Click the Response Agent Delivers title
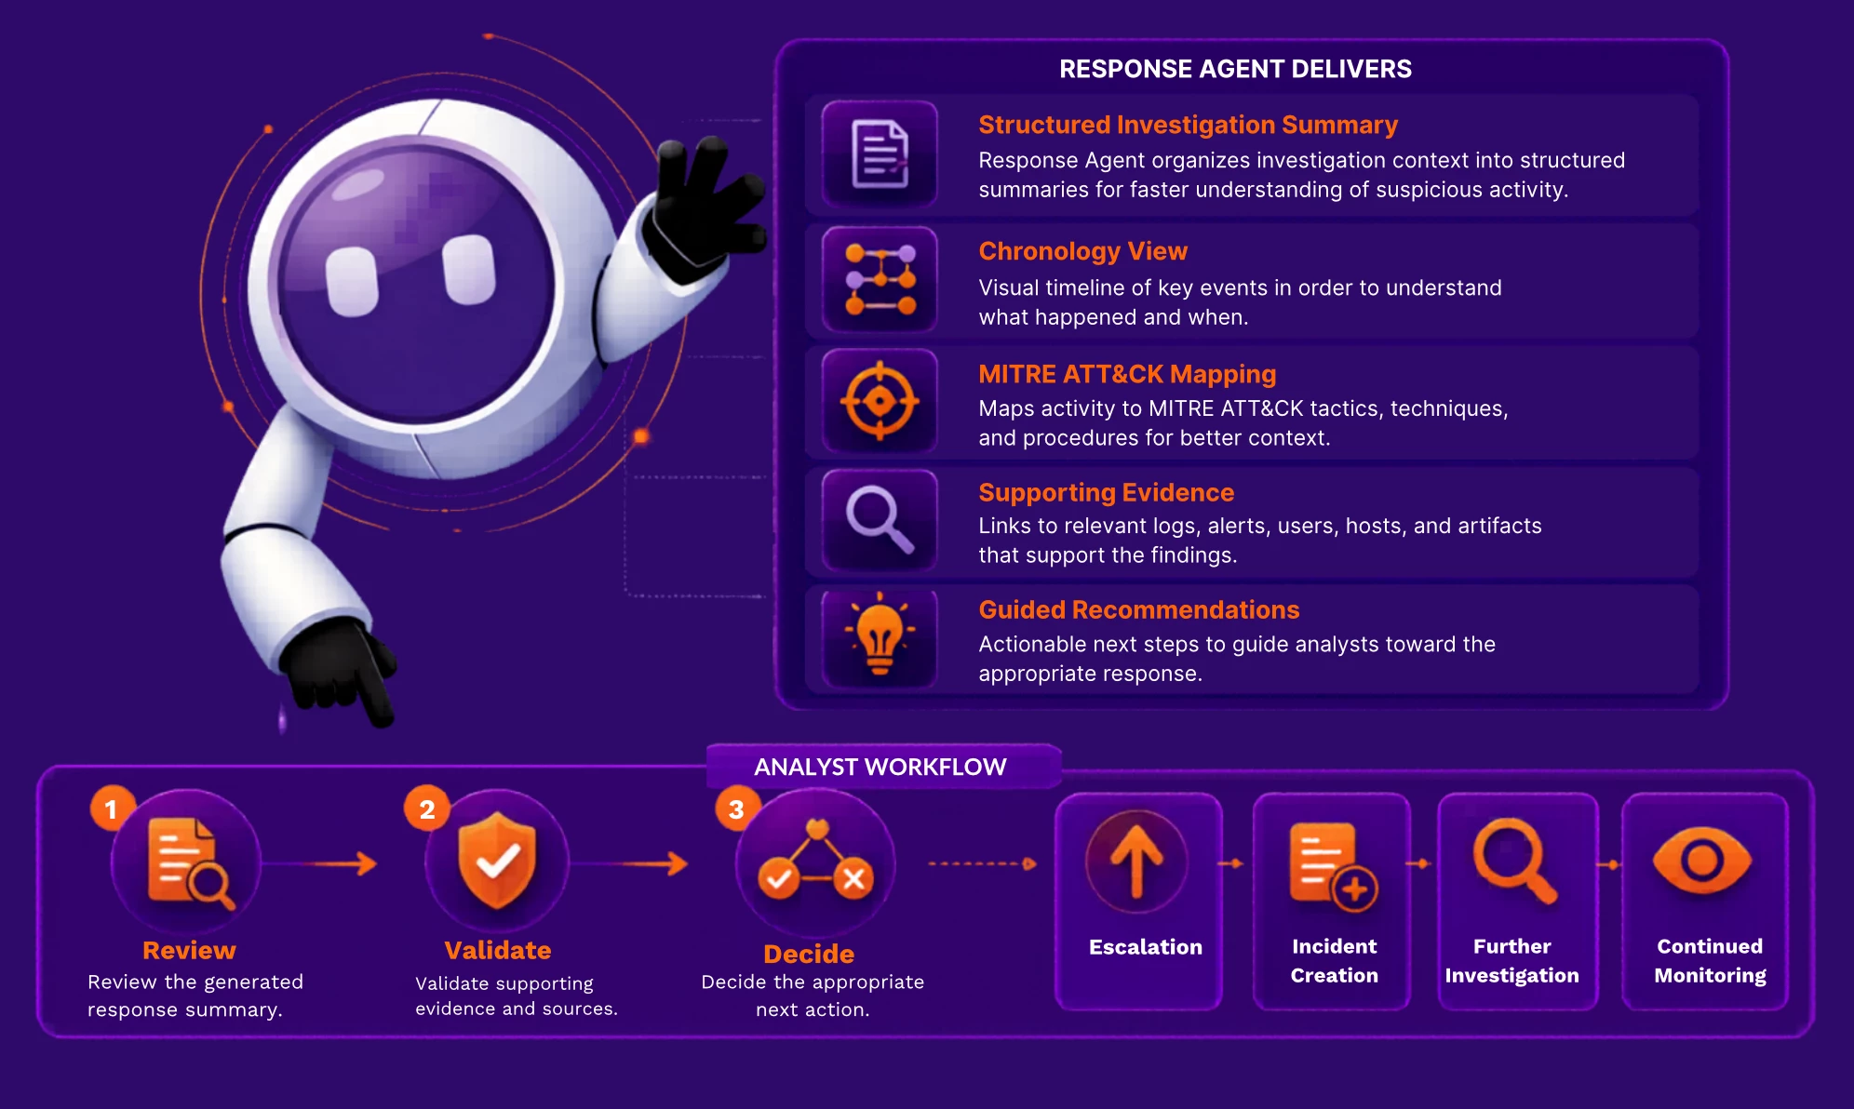[x=1235, y=69]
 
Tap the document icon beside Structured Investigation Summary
[x=880, y=154]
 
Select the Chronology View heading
[x=1082, y=251]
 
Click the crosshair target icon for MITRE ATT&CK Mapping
[x=880, y=402]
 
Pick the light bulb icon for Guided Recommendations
[x=880, y=634]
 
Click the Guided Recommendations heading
[x=1138, y=609]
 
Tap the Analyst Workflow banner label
[x=880, y=767]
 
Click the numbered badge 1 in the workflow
[x=112, y=808]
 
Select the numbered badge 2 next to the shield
[x=426, y=808]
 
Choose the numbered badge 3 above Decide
[x=737, y=808]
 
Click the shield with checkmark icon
[x=498, y=860]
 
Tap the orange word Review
[x=189, y=950]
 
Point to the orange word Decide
[x=809, y=954]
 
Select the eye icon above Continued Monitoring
[x=1702, y=861]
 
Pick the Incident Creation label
[x=1334, y=960]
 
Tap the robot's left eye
[x=353, y=282]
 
